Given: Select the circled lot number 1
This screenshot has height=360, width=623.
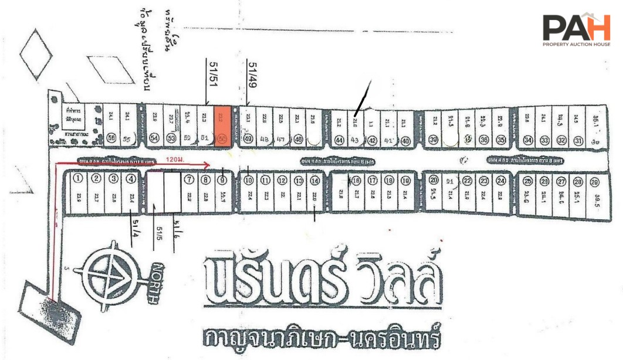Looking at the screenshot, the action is (77, 179).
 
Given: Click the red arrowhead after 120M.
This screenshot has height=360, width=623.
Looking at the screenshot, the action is (207, 165).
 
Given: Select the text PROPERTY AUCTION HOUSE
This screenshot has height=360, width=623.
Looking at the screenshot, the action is (576, 45).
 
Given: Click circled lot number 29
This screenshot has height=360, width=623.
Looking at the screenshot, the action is (594, 181).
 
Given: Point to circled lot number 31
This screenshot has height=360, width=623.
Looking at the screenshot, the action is (578, 140).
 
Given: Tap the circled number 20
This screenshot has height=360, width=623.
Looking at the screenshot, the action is (434, 180).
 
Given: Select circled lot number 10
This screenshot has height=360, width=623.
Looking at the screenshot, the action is (249, 180).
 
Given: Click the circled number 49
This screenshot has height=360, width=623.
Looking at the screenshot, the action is (248, 139).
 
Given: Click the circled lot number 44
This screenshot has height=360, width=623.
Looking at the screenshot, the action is (338, 140).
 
